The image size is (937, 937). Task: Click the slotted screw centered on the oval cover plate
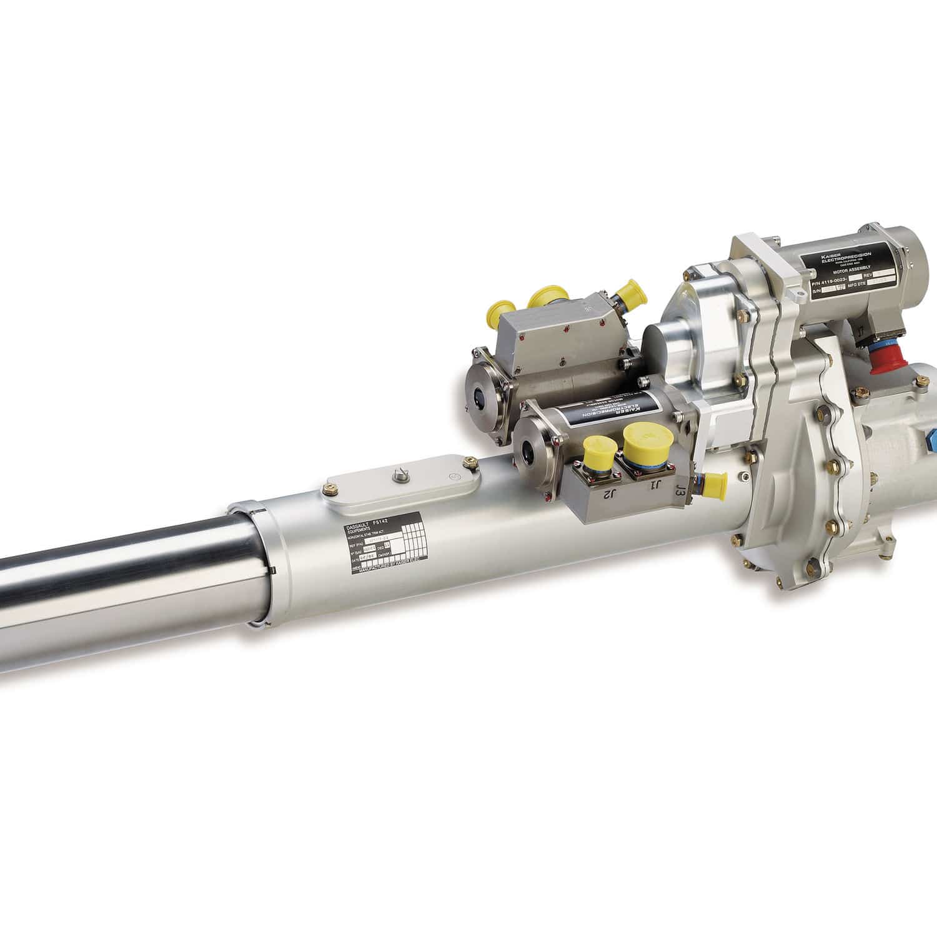click(x=397, y=477)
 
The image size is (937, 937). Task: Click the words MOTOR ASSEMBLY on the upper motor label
click(x=854, y=270)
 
